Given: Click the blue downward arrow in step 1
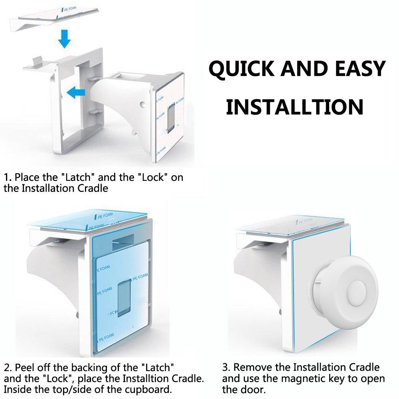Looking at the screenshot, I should coord(64,38).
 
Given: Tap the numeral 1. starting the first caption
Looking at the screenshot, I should coord(8,178).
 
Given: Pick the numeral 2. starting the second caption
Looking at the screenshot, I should coord(8,367).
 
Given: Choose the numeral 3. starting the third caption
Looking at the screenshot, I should coord(227,367).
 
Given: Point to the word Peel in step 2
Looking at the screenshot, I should coord(24,367).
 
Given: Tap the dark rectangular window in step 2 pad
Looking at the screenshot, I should coord(124,297).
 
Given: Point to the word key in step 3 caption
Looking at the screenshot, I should coord(339,378).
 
